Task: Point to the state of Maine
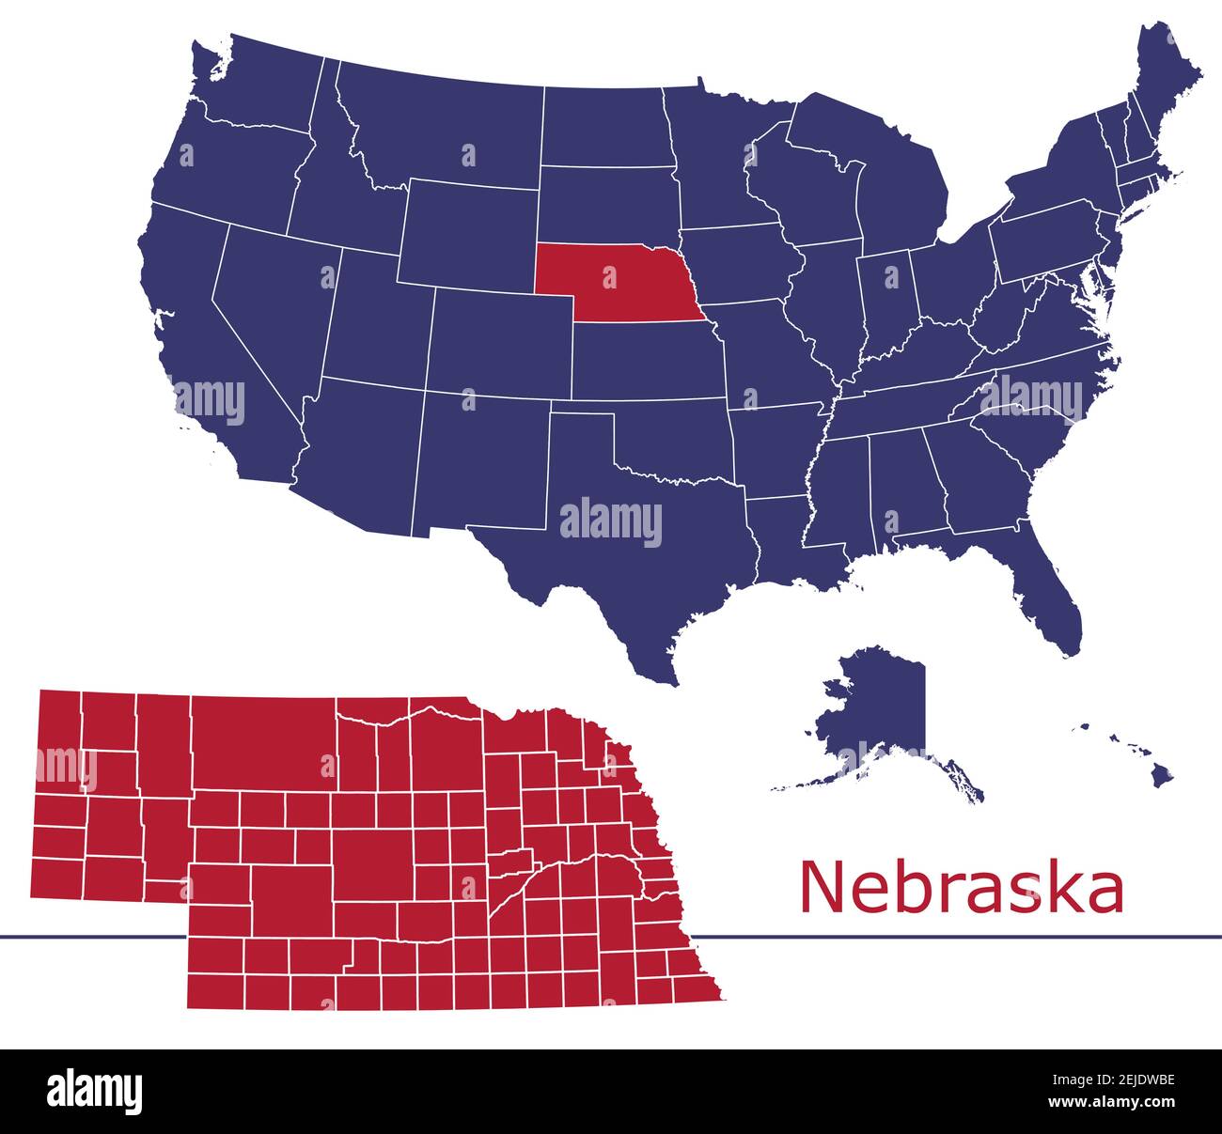pos(1166,85)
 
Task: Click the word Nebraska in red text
pos(961,888)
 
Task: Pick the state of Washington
pos(254,85)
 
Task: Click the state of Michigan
pos(902,188)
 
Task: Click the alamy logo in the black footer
pos(95,1090)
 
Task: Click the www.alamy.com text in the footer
pos(1110,1102)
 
